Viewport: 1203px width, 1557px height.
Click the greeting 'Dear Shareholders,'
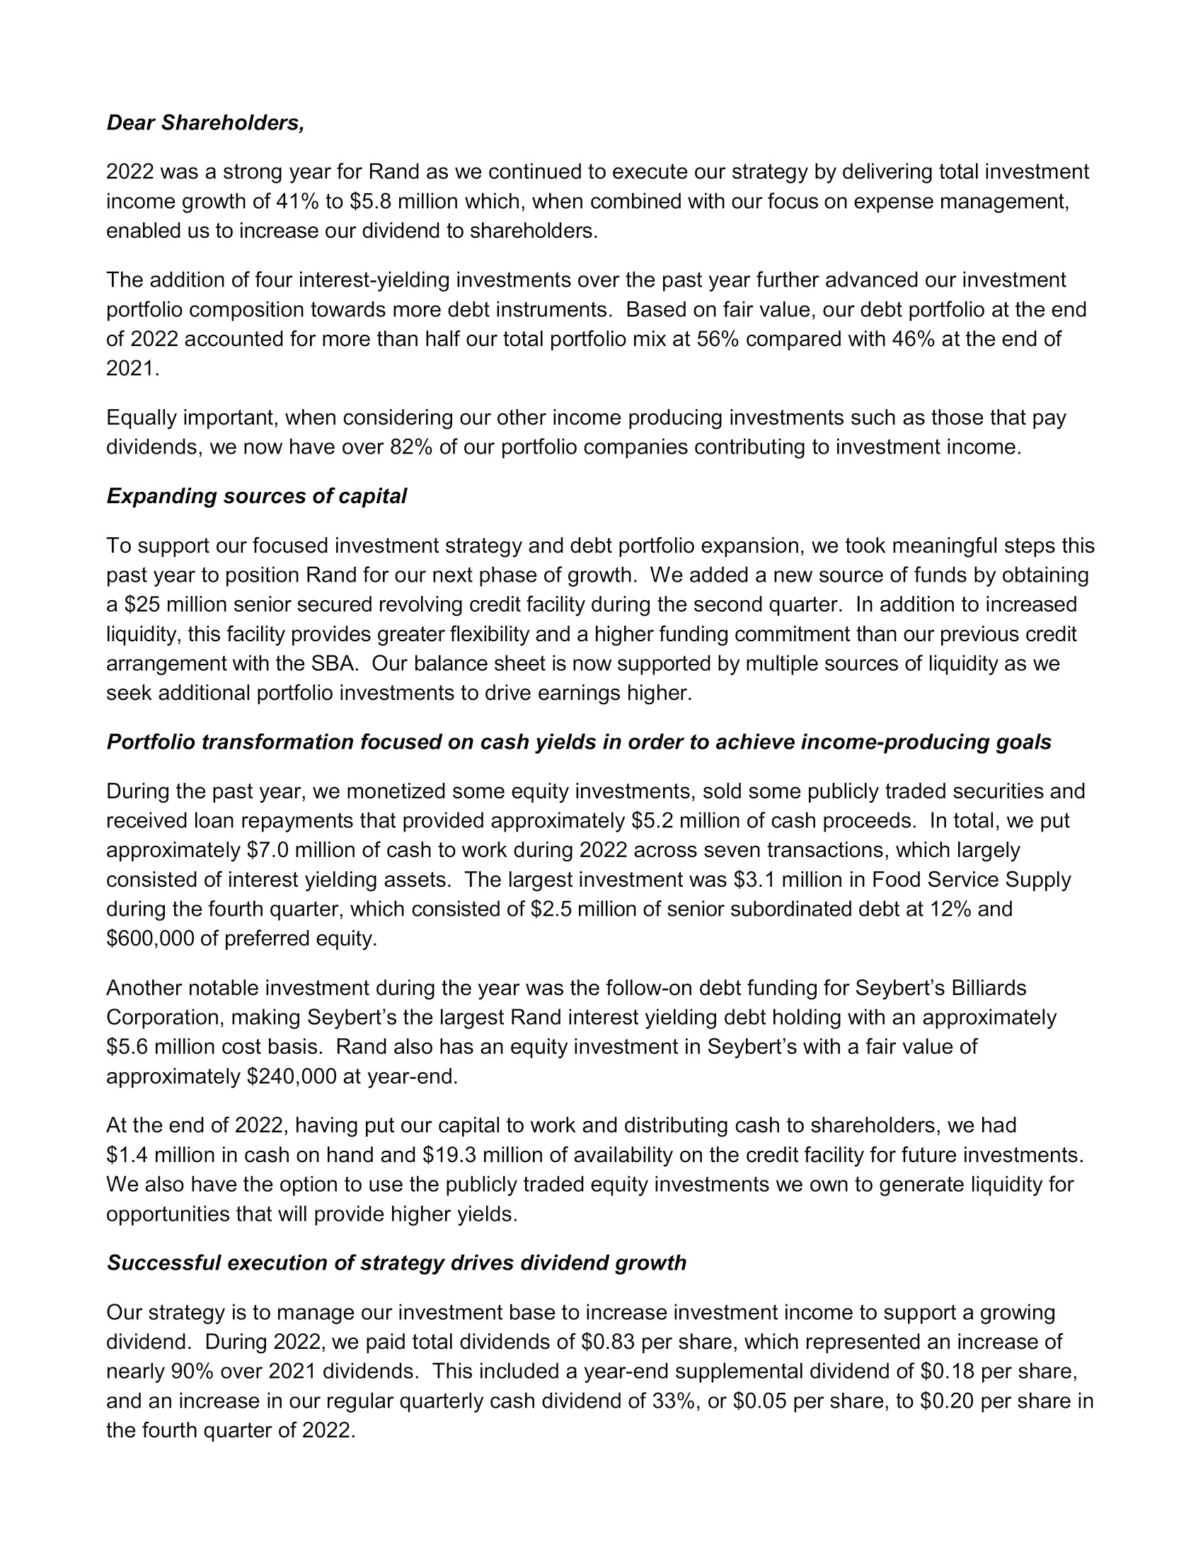205,123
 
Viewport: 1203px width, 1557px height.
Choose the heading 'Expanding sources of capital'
257,496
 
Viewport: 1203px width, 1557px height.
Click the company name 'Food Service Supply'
972,880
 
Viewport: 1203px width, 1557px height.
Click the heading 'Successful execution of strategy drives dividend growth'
396,1263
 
